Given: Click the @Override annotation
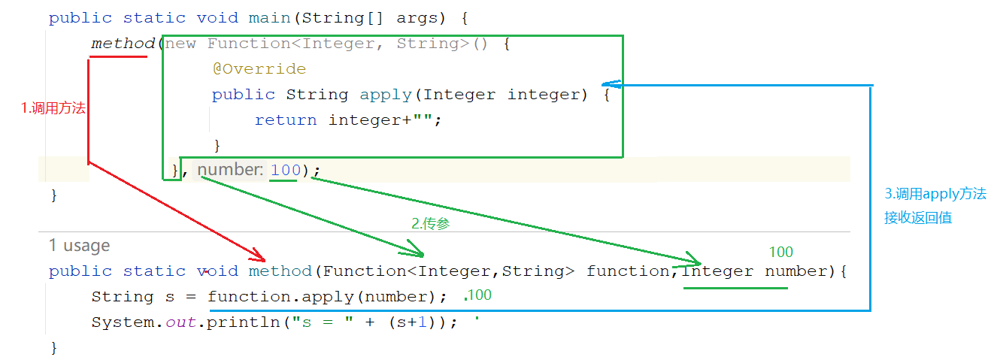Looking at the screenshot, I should click(x=259, y=69).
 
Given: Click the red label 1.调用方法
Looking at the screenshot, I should click(x=53, y=108).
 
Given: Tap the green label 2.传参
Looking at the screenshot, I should click(x=431, y=223).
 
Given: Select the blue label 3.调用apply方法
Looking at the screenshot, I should click(x=935, y=194).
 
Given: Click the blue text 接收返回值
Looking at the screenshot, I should click(x=918, y=219).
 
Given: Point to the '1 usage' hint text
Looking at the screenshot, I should click(x=79, y=246).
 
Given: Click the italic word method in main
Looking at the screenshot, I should click(x=123, y=44).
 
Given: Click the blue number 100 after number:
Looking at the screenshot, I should click(x=285, y=171).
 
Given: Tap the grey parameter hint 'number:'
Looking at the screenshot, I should click(x=230, y=171).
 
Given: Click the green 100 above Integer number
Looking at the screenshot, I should click(x=780, y=253).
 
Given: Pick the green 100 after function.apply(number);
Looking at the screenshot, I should click(x=479, y=295).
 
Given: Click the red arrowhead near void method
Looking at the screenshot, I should click(x=258, y=255).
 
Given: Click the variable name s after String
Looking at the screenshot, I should click(x=170, y=297).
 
